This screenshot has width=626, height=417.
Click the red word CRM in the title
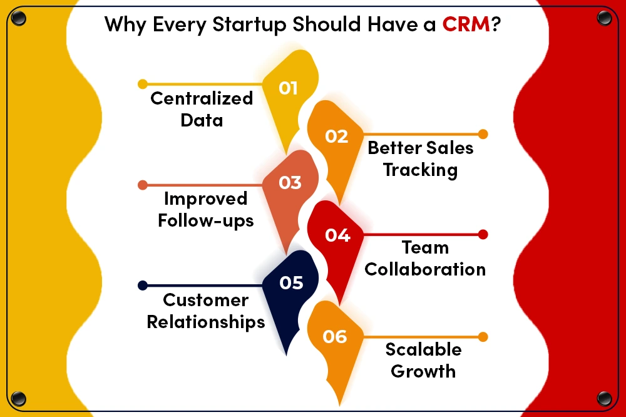tap(466, 24)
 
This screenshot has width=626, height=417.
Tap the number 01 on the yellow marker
tap(288, 88)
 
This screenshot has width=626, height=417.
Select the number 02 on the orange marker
tap(337, 136)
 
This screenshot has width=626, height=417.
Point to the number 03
tap(290, 183)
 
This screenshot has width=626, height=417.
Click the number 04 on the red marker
tap(337, 235)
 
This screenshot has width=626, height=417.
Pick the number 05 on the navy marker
tap(292, 283)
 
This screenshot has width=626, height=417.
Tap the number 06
tap(335, 337)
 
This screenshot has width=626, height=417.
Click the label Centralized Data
tap(202, 109)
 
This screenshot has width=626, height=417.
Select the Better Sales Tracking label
tap(421, 159)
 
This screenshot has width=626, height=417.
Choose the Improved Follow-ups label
tap(205, 210)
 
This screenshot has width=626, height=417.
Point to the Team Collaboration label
tap(425, 259)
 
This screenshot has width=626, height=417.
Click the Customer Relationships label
tap(205, 311)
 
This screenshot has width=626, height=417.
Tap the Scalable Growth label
tap(423, 360)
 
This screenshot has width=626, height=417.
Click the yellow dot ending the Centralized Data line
tap(143, 84)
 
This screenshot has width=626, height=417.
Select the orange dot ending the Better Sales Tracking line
tap(483, 134)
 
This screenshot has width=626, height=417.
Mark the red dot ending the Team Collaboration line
tap(483, 234)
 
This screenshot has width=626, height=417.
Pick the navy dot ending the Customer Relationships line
tap(143, 285)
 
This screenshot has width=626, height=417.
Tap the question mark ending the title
tap(496, 24)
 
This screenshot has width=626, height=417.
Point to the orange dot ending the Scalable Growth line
tap(483, 337)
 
